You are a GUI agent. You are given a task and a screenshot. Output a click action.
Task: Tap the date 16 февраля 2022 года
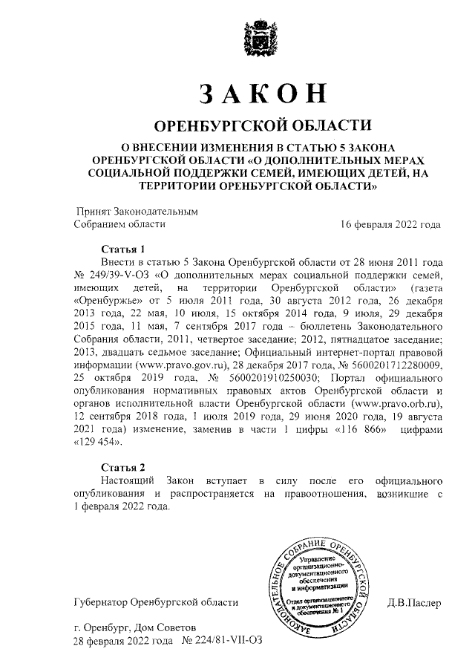(390, 224)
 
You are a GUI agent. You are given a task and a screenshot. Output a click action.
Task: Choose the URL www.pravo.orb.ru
(398, 403)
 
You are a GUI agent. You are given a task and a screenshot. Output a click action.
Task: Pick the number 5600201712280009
(398, 366)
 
